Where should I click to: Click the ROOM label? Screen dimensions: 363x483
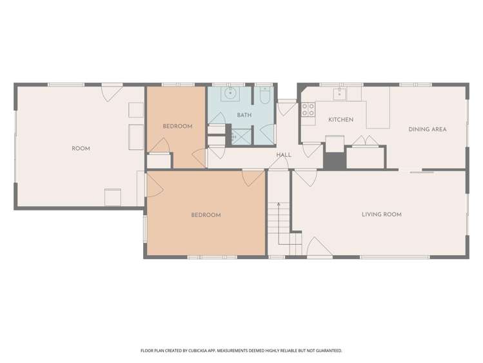(81, 149)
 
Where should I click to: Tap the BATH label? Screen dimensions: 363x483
(244, 115)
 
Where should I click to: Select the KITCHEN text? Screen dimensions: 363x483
(340, 119)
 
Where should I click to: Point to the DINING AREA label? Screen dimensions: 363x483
(428, 129)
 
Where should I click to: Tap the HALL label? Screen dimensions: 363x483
(284, 155)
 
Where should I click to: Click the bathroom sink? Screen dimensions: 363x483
(230, 94)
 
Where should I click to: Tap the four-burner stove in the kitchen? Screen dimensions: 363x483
(308, 110)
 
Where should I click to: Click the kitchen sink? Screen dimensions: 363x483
(339, 94)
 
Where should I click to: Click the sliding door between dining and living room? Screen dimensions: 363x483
(422, 172)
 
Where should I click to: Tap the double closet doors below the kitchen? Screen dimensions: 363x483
(365, 141)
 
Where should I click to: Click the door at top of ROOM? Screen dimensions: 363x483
(110, 92)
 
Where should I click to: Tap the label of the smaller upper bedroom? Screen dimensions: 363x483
(177, 126)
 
